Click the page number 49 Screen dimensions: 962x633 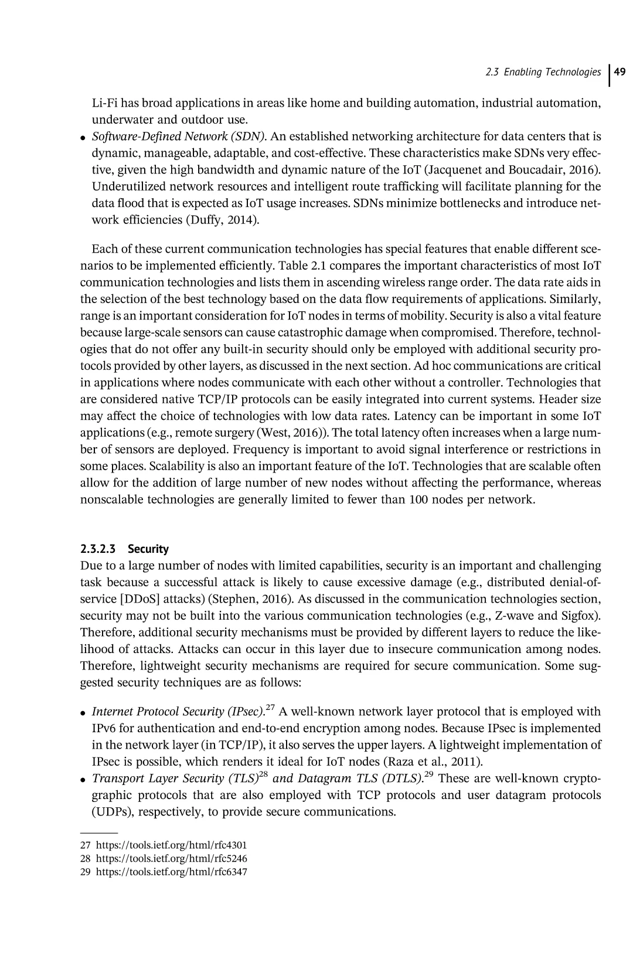coord(620,72)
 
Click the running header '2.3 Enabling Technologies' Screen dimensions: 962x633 coord(543,72)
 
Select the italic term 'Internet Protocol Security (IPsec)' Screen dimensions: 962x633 coord(178,712)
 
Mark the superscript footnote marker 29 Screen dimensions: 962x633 coord(428,774)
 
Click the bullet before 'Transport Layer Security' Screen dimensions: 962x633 coord(85,780)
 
